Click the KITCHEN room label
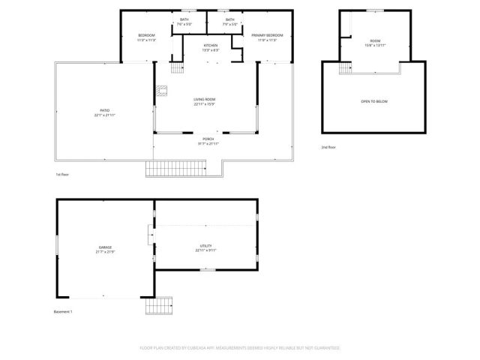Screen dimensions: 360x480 [211, 46]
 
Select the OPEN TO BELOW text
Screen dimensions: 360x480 [374, 101]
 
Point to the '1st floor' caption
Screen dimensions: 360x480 [63, 175]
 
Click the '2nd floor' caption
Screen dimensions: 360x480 [328, 147]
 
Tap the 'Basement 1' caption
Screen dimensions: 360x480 [63, 311]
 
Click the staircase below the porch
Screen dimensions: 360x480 [165, 169]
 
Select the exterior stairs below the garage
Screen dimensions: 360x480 [158, 307]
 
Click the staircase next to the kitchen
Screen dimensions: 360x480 [177, 68]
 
